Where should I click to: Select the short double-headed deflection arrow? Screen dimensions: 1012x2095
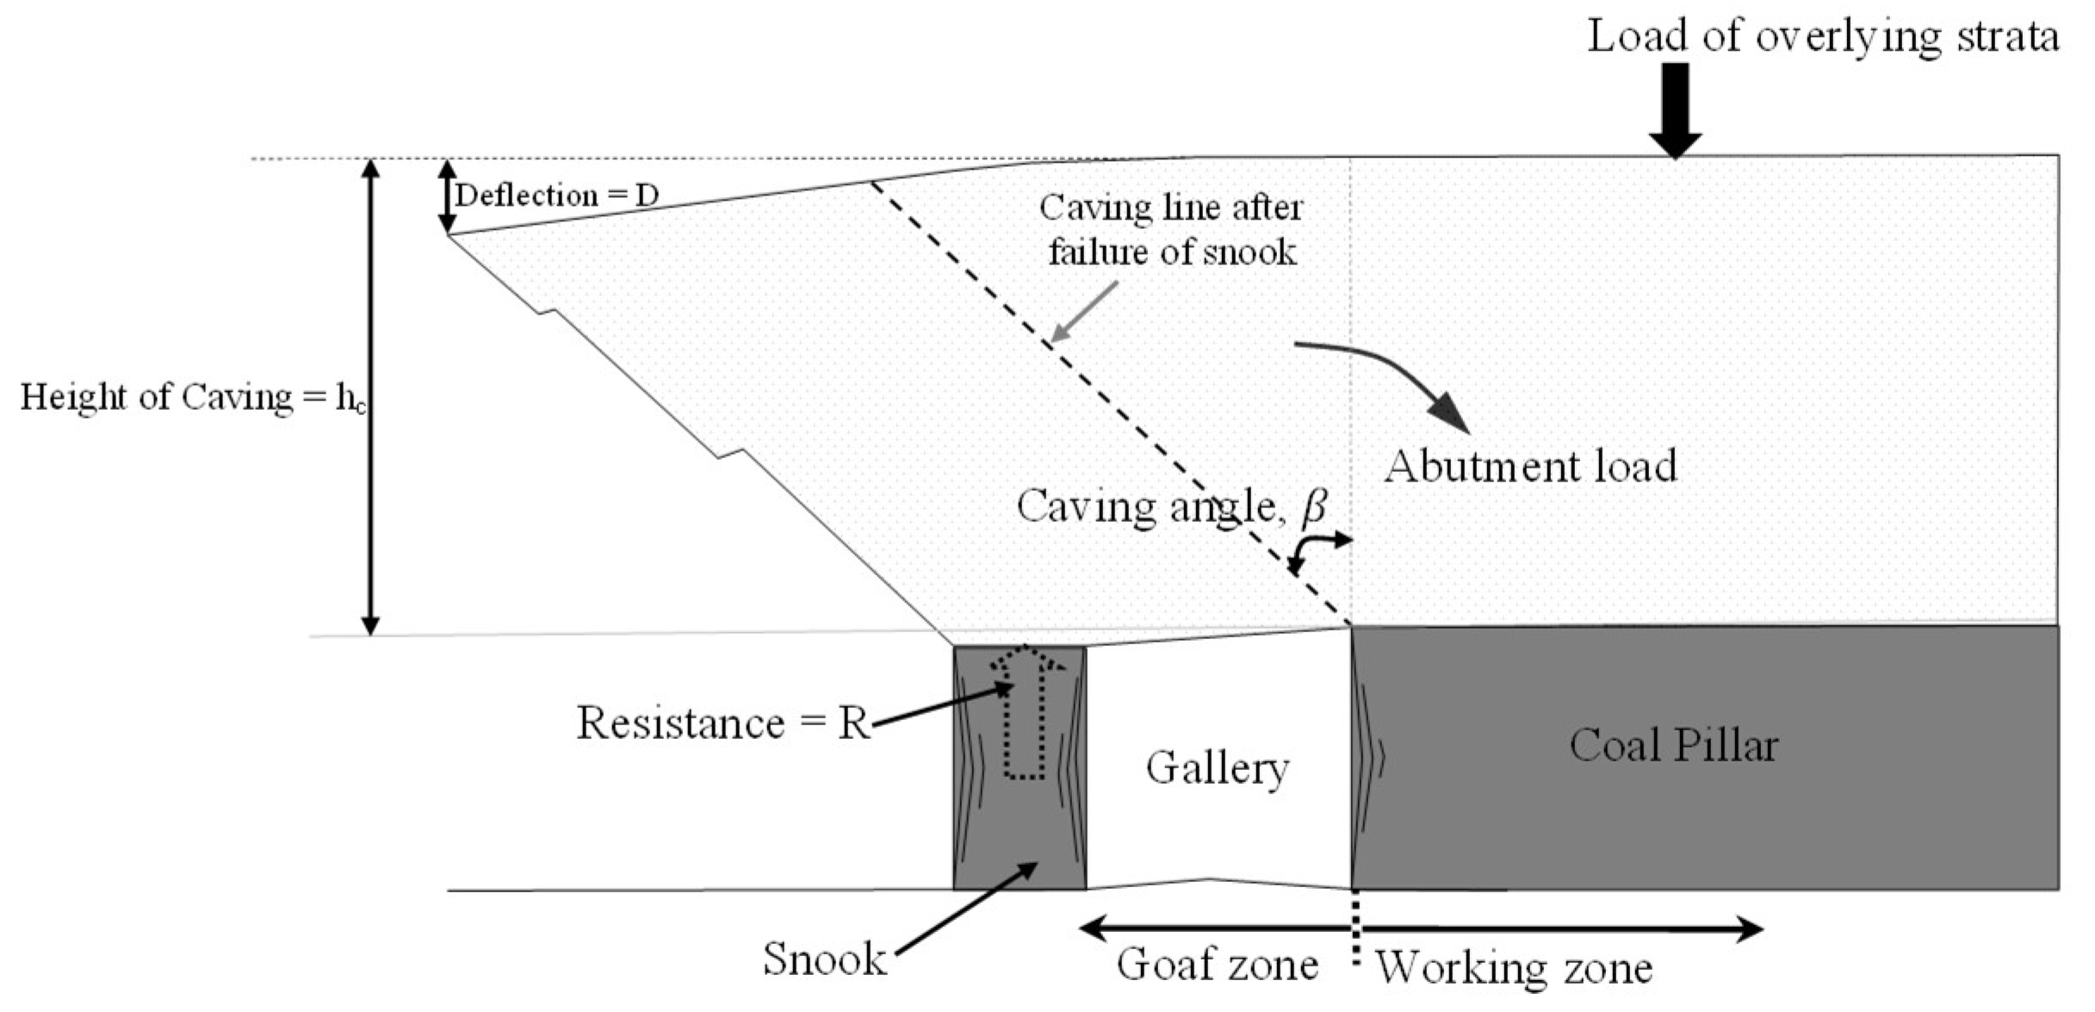[447, 196]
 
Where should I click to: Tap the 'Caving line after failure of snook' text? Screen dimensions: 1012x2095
[1171, 230]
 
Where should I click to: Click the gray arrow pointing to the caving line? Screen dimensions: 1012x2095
[1085, 312]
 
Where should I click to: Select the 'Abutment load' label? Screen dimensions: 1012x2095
[1530, 466]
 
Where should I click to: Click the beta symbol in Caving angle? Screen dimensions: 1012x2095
[1313, 506]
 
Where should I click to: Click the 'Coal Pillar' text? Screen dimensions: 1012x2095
[1673, 745]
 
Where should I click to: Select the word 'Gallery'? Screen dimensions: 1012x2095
[1217, 767]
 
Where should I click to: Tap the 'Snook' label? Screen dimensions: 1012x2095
[824, 959]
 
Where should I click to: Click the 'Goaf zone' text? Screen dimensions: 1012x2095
[1217, 964]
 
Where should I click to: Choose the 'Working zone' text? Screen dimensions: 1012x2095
[1513, 967]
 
